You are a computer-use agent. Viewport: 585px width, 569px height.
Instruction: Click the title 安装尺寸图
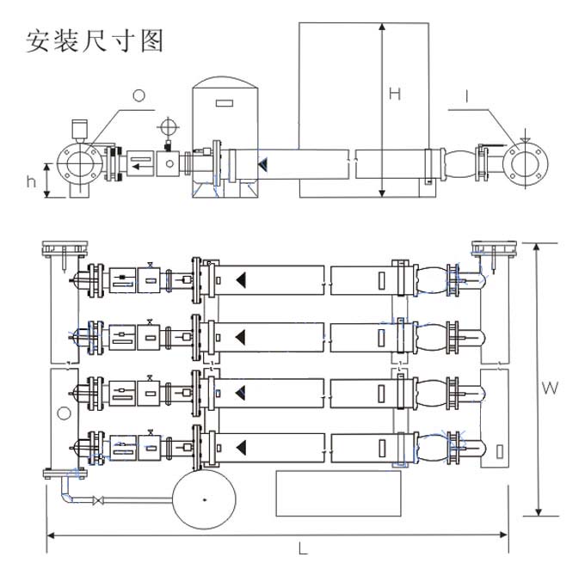pos(95,41)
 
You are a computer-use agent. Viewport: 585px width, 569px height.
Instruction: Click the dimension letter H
pos(394,95)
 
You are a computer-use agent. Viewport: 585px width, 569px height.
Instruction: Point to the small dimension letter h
pos(33,180)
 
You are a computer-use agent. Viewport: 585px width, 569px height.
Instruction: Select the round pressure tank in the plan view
pos(205,499)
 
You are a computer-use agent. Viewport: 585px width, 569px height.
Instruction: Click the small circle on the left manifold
pos(64,413)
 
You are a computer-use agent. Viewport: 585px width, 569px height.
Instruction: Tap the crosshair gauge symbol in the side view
pos(166,126)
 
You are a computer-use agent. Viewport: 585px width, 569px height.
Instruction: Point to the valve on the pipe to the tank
pos(102,500)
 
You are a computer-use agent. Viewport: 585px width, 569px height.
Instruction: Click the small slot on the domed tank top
pos(223,104)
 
